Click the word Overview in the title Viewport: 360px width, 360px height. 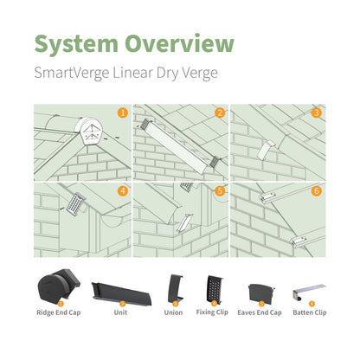point(179,44)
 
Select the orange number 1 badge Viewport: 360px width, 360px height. point(123,112)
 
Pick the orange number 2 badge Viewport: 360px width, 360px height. point(220,112)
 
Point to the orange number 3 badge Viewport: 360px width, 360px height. point(317,112)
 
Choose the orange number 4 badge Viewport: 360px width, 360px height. point(123,190)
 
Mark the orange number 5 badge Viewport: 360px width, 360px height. point(220,190)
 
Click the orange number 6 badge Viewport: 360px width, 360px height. point(317,190)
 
